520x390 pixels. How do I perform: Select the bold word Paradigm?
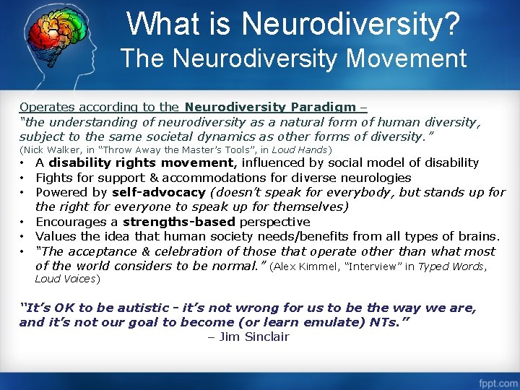(323, 107)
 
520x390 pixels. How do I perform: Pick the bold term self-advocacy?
(159, 192)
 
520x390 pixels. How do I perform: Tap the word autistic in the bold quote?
(142, 308)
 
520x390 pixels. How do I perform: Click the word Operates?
(45, 107)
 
